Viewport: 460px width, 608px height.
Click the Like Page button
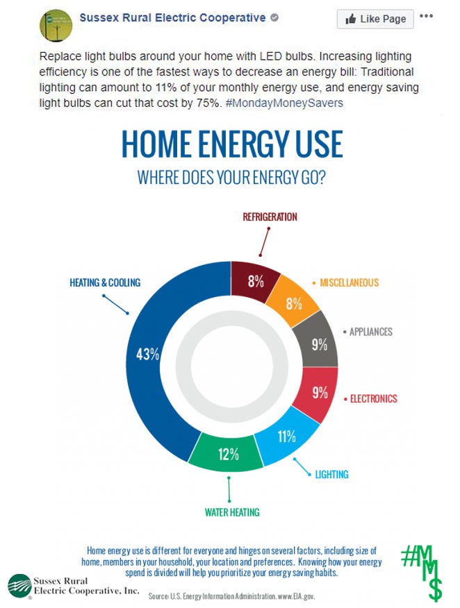coord(375,19)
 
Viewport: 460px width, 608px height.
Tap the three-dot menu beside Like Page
coord(426,16)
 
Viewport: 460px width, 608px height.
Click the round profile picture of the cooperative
coord(56,26)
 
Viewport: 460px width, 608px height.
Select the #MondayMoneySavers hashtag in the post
coord(284,103)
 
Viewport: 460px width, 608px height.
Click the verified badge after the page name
coord(274,17)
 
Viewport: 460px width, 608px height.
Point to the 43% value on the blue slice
coord(147,354)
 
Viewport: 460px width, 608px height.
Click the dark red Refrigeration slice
coord(254,282)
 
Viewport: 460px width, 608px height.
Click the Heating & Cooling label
coord(105,282)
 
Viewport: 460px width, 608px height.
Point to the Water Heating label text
coord(232,513)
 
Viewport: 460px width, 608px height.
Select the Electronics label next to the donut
coord(373,399)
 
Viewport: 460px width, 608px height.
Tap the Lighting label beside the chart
coord(331,475)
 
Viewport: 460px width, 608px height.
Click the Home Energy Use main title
coord(232,144)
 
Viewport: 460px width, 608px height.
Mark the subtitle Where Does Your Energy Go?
coord(232,178)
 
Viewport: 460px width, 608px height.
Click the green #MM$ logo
coord(422,572)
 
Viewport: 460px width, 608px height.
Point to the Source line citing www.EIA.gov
coord(231,596)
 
